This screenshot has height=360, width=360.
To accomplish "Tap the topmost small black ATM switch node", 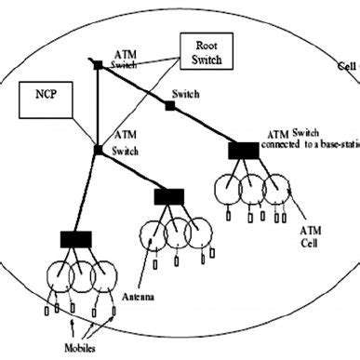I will tap(97, 64).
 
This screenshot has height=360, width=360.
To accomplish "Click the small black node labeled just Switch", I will tap(170, 106).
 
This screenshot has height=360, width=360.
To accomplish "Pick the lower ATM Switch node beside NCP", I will tap(97, 149).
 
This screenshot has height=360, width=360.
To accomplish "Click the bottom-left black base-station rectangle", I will tap(77, 239).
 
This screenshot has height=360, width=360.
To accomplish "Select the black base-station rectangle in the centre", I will tap(169, 195).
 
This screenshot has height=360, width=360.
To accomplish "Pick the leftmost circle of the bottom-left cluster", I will tap(55, 276).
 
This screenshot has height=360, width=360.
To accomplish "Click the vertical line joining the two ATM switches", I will tap(97, 107).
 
